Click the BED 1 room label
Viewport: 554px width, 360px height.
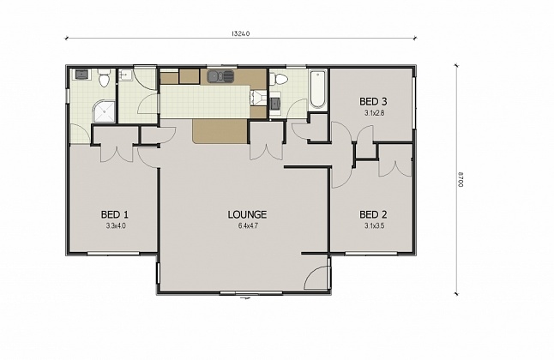115,214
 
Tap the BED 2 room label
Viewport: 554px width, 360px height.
373,214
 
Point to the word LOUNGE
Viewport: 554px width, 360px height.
247,214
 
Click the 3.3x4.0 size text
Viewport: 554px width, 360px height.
116,225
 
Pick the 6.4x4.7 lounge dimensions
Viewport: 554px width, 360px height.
247,225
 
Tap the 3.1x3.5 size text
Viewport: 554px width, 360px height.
373,225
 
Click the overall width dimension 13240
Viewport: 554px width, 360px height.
241,35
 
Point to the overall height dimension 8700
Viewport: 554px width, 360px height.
461,180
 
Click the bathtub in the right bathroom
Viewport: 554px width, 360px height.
318,89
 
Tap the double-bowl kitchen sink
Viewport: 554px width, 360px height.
220,77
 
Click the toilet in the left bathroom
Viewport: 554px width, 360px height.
103,80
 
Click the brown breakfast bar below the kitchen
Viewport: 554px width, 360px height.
220,131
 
